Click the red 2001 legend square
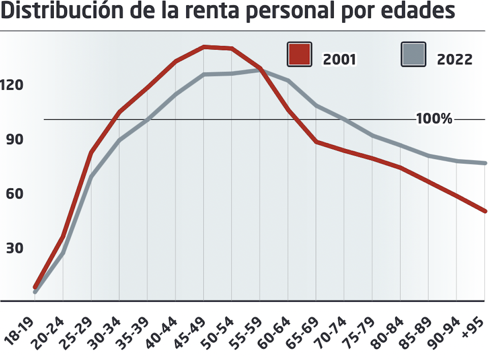click(x=299, y=54)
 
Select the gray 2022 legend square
click(x=413, y=54)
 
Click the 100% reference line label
click(x=434, y=119)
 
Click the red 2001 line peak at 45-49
click(x=204, y=47)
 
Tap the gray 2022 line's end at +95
click(x=485, y=163)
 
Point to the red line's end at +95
click(x=485, y=210)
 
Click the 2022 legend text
click(x=454, y=60)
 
